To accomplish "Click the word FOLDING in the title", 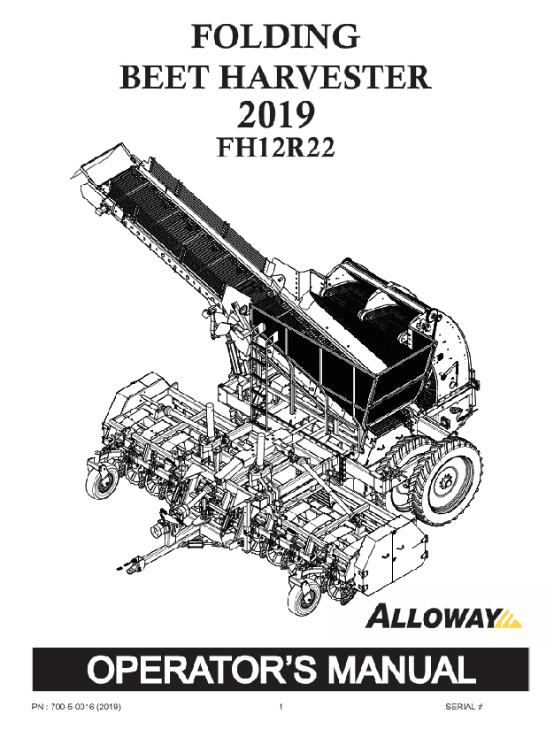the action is pos(275,36).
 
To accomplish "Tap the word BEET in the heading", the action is pos(160,77).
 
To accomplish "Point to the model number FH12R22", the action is pos(275,149).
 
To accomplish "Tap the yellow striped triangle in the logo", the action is pos(509,618).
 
